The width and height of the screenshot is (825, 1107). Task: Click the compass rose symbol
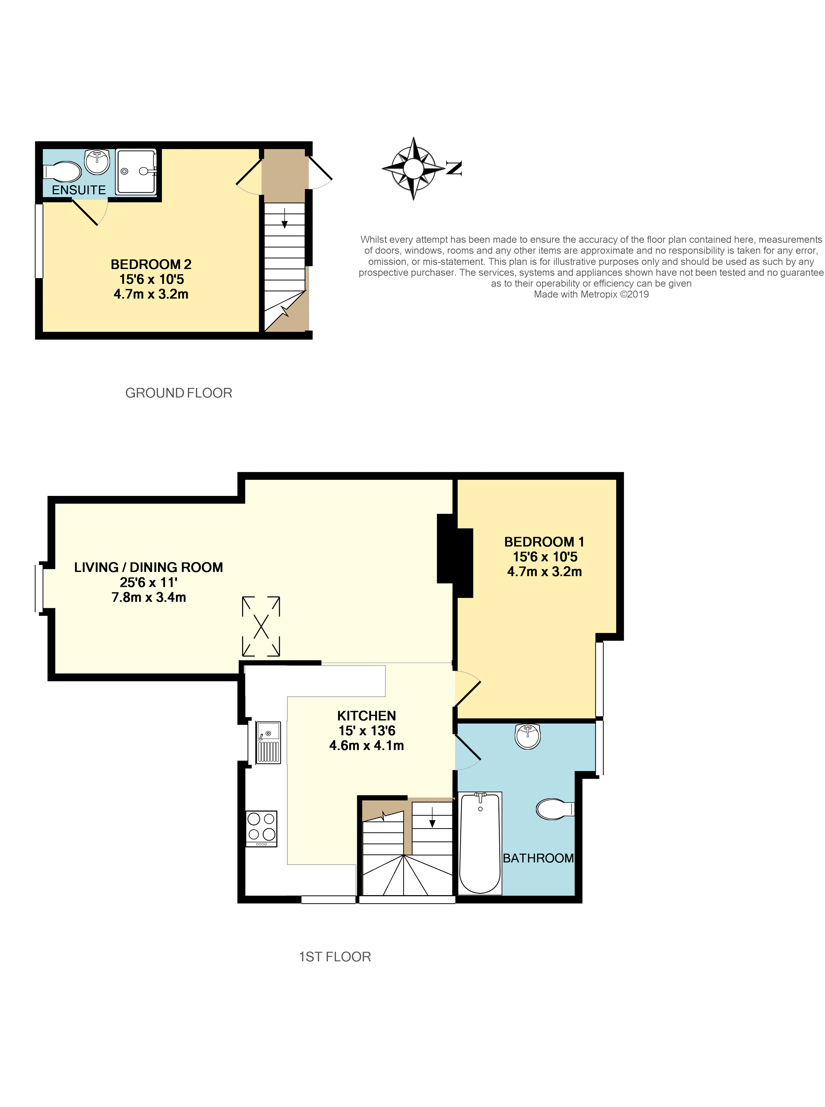413,168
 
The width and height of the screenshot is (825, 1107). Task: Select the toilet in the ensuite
63,172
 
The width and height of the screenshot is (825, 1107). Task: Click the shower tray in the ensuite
136,172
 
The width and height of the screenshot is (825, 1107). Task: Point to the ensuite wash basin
98,161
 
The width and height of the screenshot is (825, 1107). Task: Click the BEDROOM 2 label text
151,264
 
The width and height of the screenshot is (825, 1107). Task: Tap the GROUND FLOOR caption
178,393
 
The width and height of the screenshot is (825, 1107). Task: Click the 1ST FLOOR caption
334,957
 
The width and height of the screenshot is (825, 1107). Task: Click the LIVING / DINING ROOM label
148,568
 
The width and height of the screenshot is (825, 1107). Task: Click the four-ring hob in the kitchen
261,828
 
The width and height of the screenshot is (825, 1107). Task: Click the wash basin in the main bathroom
527,736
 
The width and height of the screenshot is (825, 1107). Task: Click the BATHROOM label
538,858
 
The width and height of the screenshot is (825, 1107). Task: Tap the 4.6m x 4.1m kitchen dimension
366,746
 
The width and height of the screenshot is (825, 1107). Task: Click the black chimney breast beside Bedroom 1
454,555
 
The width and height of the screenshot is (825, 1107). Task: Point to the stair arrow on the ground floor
284,218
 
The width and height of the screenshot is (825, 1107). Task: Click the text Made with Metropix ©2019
591,294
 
